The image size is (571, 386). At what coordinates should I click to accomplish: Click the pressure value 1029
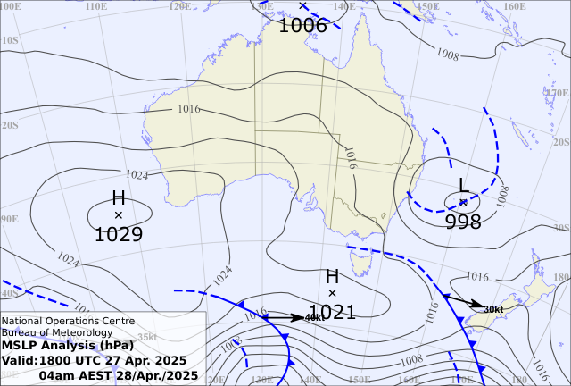pos(119,235)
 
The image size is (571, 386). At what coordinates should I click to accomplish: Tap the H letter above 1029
pos(119,198)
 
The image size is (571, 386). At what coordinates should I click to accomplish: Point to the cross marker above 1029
pos(119,215)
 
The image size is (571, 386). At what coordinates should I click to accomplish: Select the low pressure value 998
pos(463,222)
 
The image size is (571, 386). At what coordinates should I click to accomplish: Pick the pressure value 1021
pos(333,312)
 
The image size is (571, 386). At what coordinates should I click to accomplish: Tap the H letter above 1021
pos(333,277)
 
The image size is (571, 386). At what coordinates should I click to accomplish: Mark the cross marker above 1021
pos(333,293)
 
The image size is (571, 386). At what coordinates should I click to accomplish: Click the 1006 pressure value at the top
pos(303,25)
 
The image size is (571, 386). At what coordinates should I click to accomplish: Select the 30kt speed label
pos(493,309)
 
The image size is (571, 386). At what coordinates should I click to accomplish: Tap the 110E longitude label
pos(96,6)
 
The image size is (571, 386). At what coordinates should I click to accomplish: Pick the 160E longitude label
pos(515,6)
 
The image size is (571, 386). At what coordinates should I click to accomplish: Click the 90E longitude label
pos(9,219)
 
